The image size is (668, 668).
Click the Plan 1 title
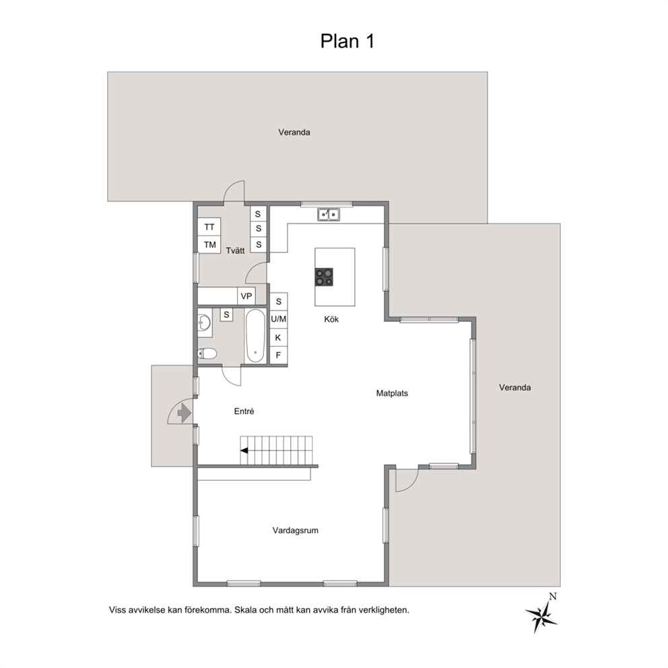347,41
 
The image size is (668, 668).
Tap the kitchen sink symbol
329,214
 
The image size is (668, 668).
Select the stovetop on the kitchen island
324,277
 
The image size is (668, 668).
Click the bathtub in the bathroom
255,336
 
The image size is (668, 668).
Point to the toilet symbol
207,354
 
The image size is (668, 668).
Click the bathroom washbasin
205,323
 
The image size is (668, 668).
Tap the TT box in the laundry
209,227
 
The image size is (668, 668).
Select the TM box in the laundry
209,245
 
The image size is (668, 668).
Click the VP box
246,296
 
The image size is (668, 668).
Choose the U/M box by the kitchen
279,319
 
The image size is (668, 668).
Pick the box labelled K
279,338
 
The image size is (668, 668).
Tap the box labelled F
279,356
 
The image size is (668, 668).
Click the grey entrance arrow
184,413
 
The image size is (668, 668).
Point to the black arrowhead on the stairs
244,450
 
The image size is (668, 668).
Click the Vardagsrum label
296,531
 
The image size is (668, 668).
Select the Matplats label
392,393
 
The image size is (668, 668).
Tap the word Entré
244,411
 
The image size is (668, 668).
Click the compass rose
541,614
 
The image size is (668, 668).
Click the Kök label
331,319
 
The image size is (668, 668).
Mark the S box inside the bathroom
227,315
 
